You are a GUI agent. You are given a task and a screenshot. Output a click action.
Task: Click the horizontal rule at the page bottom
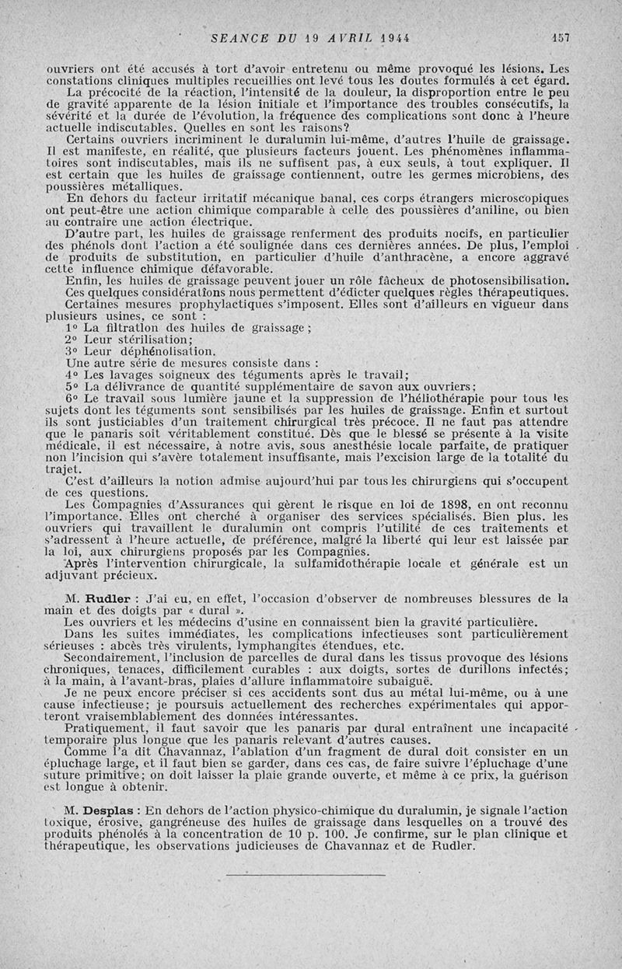click(306, 876)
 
